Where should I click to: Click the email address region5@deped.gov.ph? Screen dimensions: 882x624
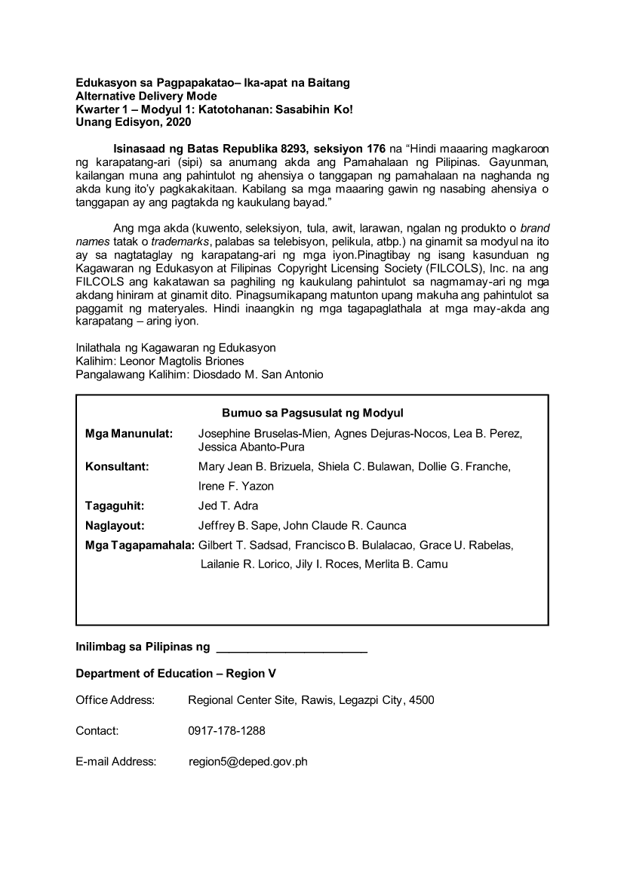click(x=247, y=762)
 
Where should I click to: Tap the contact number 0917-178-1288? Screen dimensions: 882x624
click(x=226, y=731)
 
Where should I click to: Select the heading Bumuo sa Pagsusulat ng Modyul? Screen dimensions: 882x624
click(x=312, y=413)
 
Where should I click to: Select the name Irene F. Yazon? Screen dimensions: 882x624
click(x=235, y=486)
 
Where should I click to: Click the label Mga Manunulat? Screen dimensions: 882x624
click(x=129, y=434)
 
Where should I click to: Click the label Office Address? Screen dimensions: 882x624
click(x=115, y=700)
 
